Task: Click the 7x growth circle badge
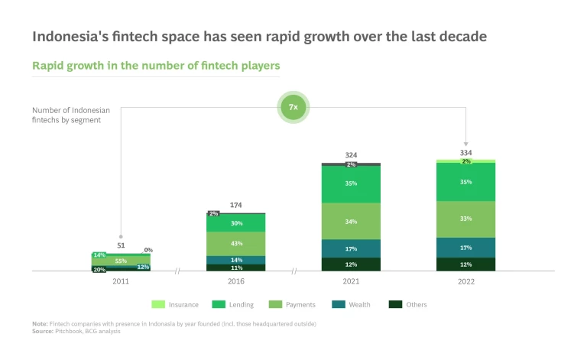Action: tap(293, 109)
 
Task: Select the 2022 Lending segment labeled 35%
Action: tap(465, 182)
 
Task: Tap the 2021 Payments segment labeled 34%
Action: tap(351, 222)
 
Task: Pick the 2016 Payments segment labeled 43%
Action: tap(236, 243)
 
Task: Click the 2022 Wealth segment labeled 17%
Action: tap(465, 248)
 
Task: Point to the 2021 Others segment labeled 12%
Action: tap(351, 264)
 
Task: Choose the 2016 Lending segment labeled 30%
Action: tap(236, 223)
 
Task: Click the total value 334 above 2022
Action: tap(465, 152)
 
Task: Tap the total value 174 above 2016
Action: tap(236, 205)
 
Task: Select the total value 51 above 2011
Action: tap(121, 245)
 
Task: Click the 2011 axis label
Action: tap(121, 281)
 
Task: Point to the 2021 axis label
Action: tap(351, 281)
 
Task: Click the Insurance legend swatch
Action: tap(160, 304)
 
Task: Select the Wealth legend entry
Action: tap(354, 304)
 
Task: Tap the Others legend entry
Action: tap(409, 304)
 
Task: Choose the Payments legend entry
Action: tap(294, 304)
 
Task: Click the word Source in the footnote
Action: tap(43, 331)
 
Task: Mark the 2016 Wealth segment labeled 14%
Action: tap(236, 261)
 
